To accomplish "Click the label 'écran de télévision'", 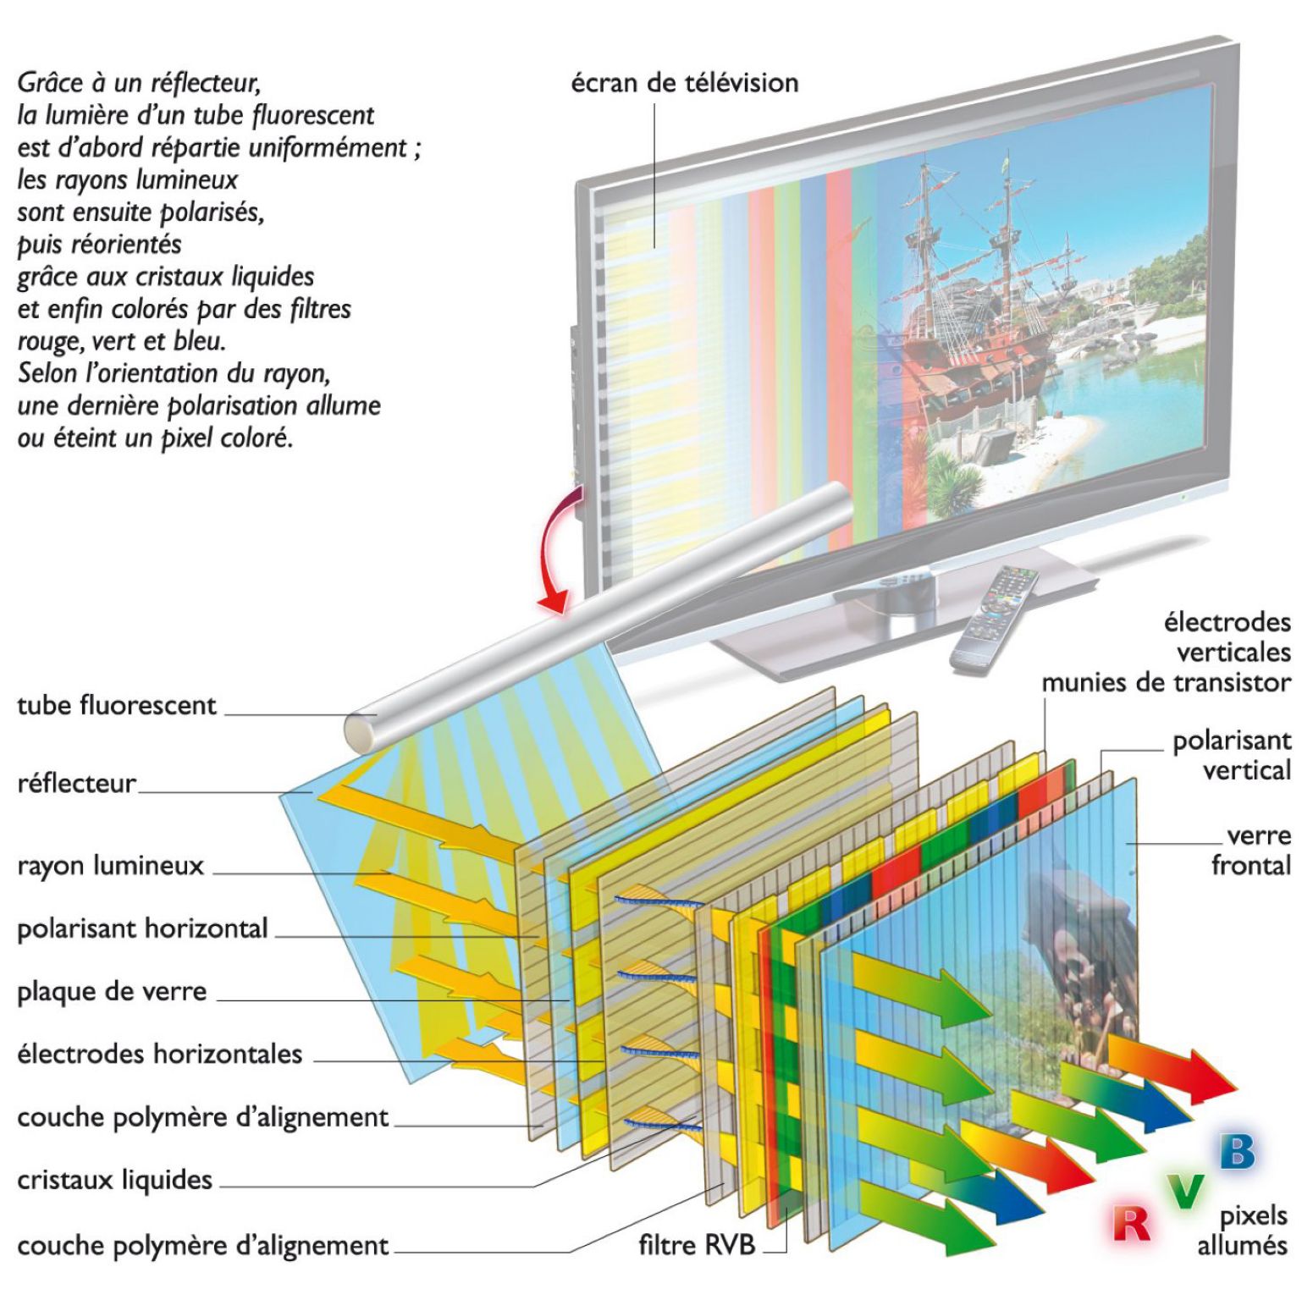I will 684,83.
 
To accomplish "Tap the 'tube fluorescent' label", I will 117,705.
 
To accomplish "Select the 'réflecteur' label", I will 76,784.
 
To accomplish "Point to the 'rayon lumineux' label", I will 110,866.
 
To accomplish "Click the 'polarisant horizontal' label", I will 142,928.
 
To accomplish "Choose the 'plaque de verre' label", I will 112,991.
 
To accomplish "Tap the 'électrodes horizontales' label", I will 159,1054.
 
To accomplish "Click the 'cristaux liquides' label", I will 114,1180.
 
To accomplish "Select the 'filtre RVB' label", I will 696,1245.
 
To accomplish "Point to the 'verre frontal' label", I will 1254,851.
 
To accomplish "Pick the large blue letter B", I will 1237,1151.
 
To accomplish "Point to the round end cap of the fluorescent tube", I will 362,730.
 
